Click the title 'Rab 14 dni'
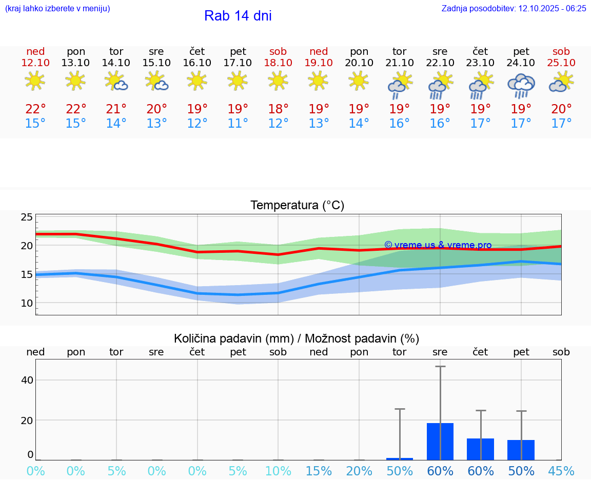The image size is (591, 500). point(238,16)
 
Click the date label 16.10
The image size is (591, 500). point(197,63)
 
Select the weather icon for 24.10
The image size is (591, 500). point(521,86)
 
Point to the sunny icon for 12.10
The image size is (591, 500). point(35,81)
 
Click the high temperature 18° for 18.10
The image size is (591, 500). point(278,109)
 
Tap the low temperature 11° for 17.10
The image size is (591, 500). point(238,124)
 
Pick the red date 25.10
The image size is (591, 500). point(561,63)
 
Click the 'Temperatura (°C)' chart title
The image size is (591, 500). point(297,206)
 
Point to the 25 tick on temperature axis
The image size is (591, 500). point(27,217)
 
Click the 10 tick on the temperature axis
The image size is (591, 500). point(27,303)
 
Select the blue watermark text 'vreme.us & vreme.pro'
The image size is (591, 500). point(438,245)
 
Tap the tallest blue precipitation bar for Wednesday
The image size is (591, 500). point(440,442)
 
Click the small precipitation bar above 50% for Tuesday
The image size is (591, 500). point(400,458)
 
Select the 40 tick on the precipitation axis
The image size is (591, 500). point(27,380)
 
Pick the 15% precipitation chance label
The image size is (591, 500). point(319,471)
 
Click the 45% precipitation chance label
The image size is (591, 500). point(561,471)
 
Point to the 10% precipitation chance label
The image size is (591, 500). point(278,471)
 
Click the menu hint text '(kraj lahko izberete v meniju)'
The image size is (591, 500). point(57,8)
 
